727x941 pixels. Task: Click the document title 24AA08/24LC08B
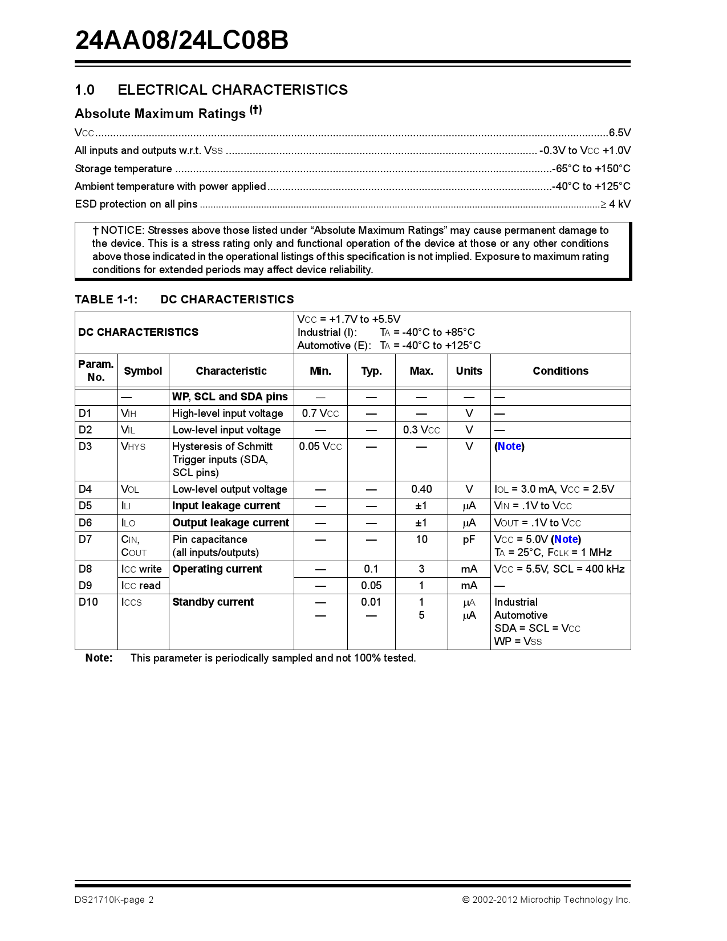181,40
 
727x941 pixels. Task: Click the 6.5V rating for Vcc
619,133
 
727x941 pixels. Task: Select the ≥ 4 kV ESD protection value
616,204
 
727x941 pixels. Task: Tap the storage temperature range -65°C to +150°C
591,169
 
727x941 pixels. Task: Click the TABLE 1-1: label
106,299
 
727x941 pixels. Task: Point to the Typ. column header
371,371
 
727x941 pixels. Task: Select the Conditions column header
560,371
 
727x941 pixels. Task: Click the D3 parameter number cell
86,447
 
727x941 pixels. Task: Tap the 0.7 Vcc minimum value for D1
320,413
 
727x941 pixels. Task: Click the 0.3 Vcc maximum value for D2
421,430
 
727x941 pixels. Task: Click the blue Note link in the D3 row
509,447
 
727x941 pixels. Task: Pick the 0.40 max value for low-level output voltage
421,489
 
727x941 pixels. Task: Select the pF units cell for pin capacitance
469,540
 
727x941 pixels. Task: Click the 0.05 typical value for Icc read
371,586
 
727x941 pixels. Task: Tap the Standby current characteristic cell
213,602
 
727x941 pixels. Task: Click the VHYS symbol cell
133,447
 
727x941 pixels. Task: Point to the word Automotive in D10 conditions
521,615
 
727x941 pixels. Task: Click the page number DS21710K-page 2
114,900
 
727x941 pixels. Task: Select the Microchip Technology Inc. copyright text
546,900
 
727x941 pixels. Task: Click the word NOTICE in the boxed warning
122,230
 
